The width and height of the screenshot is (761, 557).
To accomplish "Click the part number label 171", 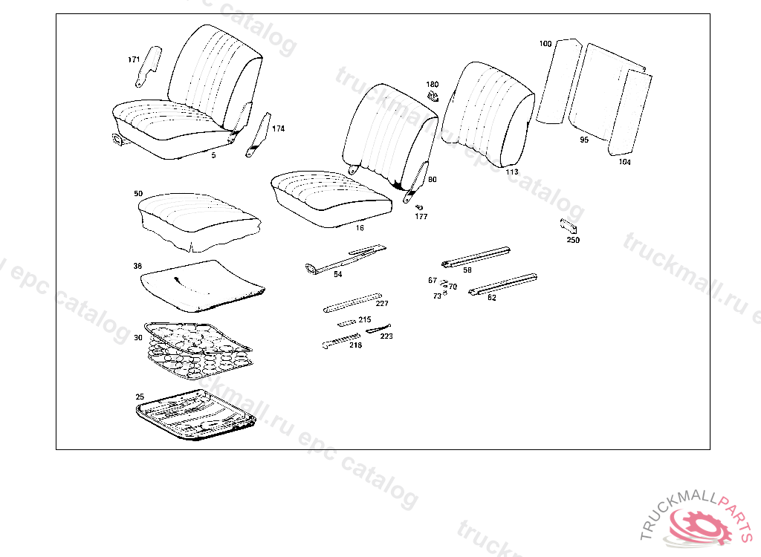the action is click(134, 59).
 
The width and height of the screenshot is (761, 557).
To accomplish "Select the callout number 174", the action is click(278, 128).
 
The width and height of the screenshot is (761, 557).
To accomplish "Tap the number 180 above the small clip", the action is click(433, 85).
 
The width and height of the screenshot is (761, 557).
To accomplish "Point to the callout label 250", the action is click(573, 240).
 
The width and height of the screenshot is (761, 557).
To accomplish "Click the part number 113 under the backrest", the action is click(512, 172).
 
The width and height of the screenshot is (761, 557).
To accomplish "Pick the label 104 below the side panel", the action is click(624, 162).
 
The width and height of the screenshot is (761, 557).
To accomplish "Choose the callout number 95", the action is click(584, 140).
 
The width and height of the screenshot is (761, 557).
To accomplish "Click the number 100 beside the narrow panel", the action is click(545, 44).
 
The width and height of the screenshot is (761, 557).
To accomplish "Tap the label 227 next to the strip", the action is click(382, 303).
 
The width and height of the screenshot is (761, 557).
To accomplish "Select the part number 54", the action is click(338, 275).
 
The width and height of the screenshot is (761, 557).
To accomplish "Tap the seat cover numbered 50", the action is click(198, 218).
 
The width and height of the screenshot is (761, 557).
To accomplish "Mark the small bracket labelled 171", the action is click(149, 65).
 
